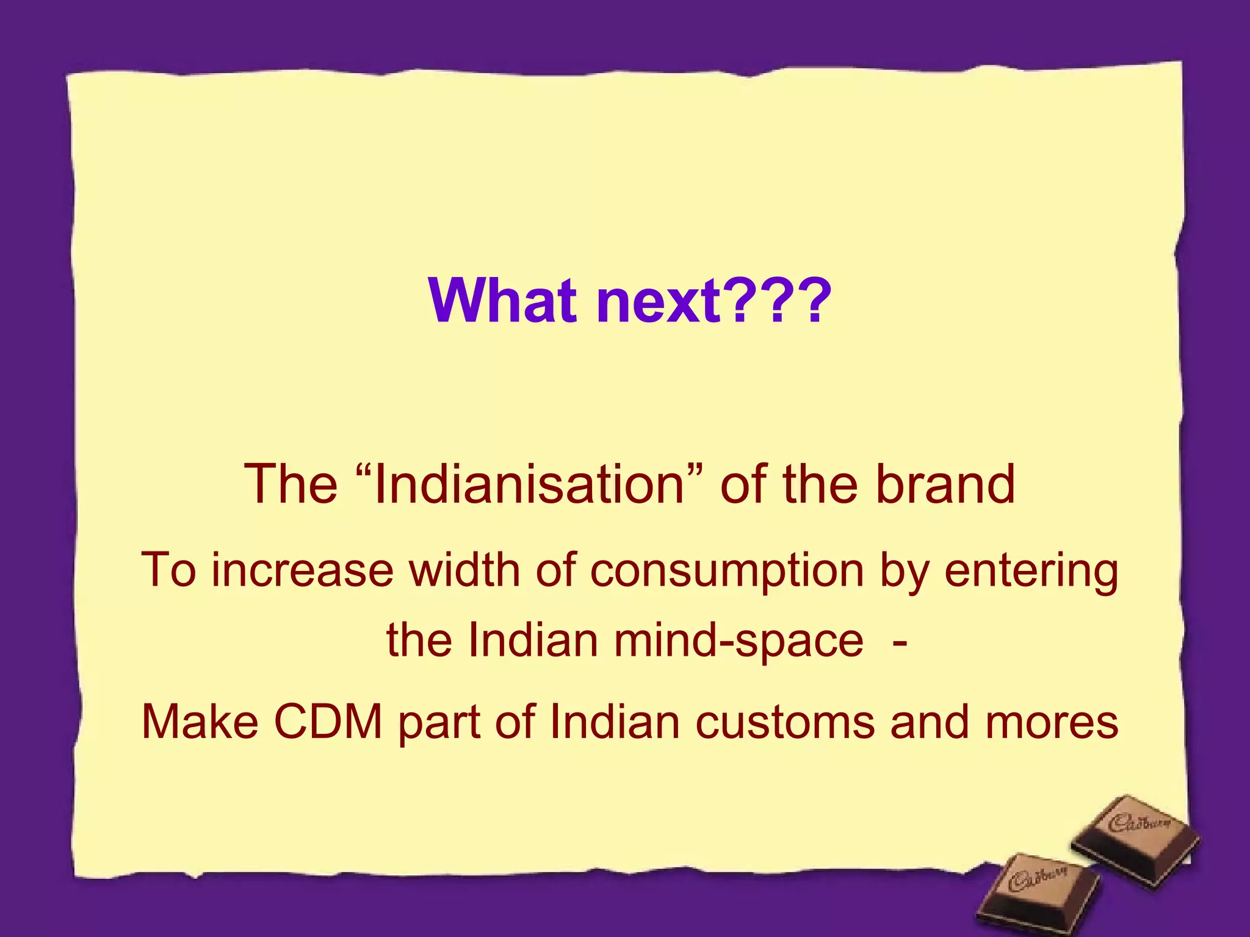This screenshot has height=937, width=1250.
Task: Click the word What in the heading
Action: coord(502,301)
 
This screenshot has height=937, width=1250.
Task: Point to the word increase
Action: coord(303,570)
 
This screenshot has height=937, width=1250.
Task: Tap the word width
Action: coord(464,570)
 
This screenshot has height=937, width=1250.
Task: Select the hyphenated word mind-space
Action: coord(739,641)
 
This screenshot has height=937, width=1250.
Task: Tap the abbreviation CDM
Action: coord(328,722)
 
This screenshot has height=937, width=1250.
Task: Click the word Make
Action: coord(200,722)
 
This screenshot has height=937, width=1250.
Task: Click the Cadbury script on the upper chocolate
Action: coord(1139,823)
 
